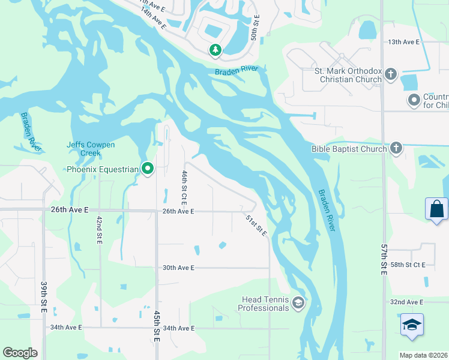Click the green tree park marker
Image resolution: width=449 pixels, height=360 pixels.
(215, 50)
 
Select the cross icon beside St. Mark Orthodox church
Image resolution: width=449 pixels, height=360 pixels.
(391, 74)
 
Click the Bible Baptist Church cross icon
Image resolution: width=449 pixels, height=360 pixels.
(396, 148)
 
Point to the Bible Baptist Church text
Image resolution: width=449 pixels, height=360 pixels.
(348, 148)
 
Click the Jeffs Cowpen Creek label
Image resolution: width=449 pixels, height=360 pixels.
(90, 149)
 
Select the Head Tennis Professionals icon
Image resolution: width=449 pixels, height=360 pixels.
(298, 304)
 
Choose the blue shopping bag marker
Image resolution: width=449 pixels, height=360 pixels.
(436, 209)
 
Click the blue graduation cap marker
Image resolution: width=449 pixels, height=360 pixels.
(412, 325)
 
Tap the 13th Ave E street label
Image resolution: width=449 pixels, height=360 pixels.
(403, 43)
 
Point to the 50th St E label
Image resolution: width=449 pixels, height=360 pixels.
(255, 28)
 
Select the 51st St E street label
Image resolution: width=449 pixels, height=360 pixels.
(256, 225)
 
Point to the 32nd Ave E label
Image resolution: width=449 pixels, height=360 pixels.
(406, 302)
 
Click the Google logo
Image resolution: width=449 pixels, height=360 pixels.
(20, 353)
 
